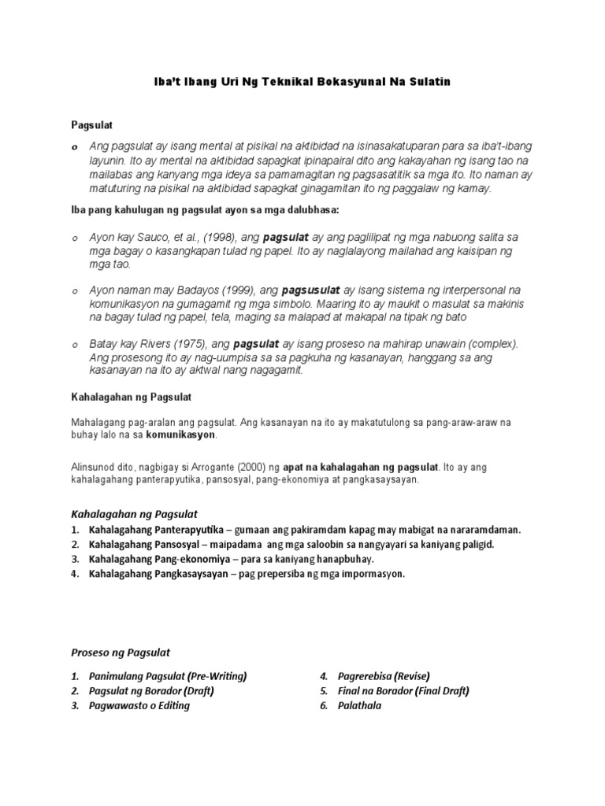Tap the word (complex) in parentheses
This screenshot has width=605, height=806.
tap(490, 344)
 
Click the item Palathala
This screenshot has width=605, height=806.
tap(359, 705)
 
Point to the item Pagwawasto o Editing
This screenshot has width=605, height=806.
tap(139, 705)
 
